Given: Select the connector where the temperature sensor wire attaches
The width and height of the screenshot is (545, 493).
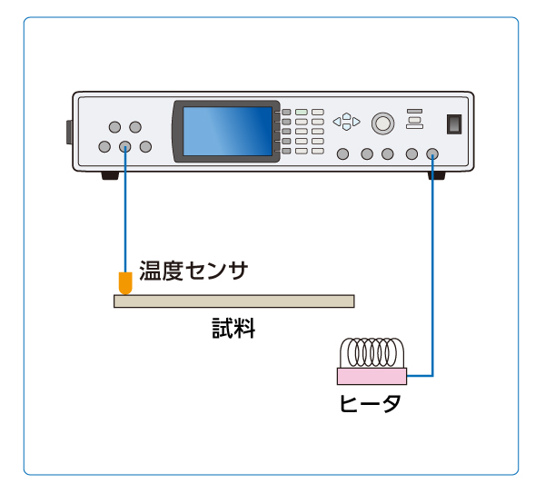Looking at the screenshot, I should point(125,147).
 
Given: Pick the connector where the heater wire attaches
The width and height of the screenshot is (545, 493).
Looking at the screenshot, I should point(432,153).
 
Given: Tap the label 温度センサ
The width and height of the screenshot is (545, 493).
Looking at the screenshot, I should point(193,270).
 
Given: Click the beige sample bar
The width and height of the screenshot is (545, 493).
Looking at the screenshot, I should point(233,301).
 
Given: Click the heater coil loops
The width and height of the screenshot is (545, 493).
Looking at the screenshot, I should point(372,351).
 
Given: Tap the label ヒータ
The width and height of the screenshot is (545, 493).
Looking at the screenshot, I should point(369,403).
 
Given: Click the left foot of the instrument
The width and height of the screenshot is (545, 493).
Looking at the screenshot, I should point(109,175).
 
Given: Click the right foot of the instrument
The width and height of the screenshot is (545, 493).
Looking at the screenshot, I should point(436,175).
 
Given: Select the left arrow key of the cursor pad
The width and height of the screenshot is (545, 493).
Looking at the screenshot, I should point(336,121).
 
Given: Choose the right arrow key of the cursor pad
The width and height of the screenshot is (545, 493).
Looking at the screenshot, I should point(356,121).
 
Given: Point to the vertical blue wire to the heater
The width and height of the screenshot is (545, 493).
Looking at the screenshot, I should point(432,272).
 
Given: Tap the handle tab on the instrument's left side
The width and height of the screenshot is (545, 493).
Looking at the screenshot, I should point(69,132).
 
